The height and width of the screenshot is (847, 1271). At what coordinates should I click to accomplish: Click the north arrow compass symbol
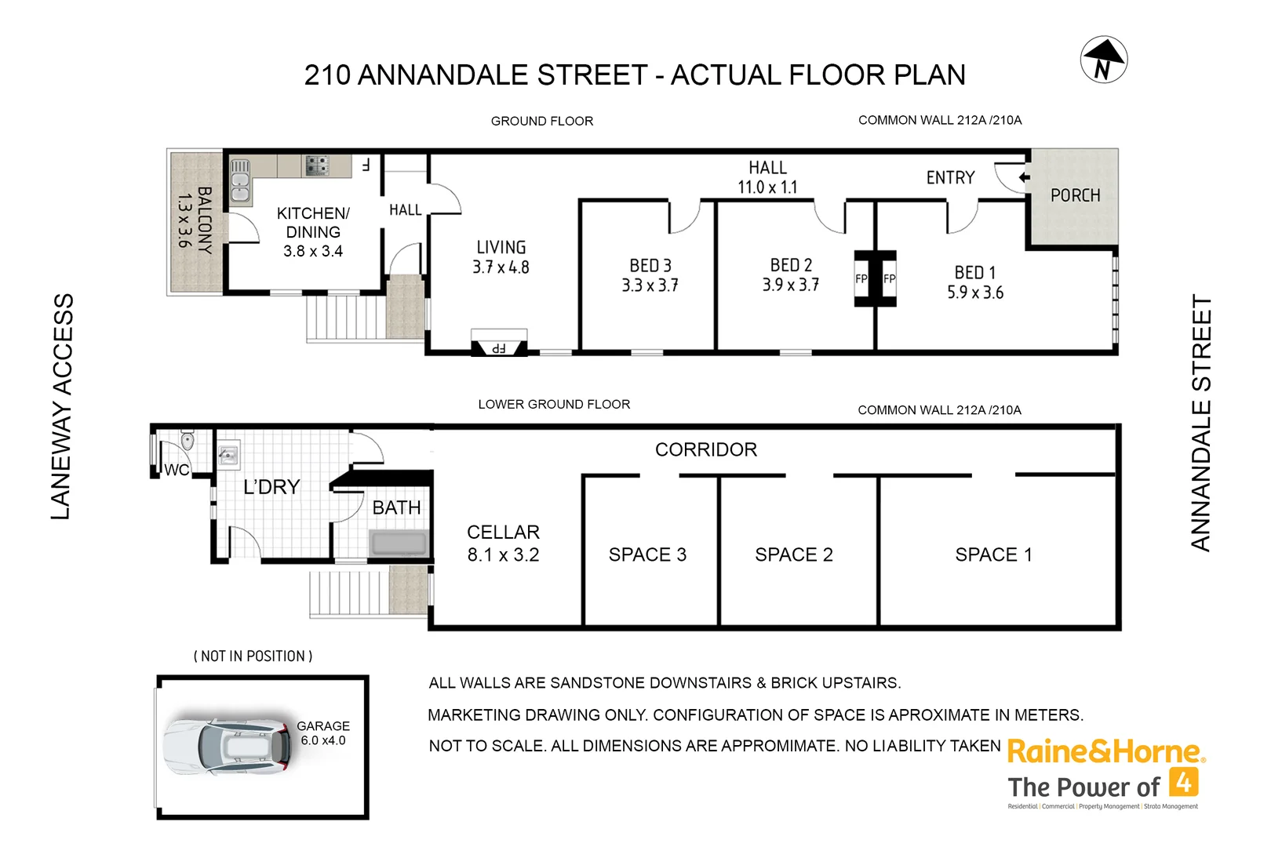click(1103, 60)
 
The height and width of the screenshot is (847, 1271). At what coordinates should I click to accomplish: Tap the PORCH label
click(1075, 195)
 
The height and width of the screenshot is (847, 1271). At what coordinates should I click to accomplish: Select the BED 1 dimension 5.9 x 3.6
click(974, 293)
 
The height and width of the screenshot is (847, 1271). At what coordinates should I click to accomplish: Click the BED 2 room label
click(791, 265)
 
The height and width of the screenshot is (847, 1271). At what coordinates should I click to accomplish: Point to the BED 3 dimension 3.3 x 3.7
click(650, 285)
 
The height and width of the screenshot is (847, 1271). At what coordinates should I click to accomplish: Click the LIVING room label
click(501, 247)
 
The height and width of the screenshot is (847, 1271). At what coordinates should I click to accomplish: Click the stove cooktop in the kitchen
click(317, 165)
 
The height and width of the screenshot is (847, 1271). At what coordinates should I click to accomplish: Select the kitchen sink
click(240, 181)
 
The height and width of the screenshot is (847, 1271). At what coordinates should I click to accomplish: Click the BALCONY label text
click(204, 220)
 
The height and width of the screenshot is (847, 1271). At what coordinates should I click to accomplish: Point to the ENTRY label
click(950, 178)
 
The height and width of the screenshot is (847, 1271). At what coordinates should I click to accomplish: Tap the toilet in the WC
click(187, 441)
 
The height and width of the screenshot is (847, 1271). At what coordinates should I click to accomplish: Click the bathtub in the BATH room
click(399, 543)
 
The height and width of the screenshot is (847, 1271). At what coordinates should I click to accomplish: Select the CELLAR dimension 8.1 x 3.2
click(503, 555)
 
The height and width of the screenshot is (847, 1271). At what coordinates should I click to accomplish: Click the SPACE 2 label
click(793, 554)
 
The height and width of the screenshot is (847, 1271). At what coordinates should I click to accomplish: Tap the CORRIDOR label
click(706, 449)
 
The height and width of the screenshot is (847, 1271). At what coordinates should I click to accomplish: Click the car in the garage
click(228, 746)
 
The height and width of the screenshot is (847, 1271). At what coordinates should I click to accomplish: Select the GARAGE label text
click(323, 726)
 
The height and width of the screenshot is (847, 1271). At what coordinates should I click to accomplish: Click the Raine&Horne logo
click(1105, 752)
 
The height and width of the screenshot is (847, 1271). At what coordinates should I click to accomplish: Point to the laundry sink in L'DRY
click(228, 455)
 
